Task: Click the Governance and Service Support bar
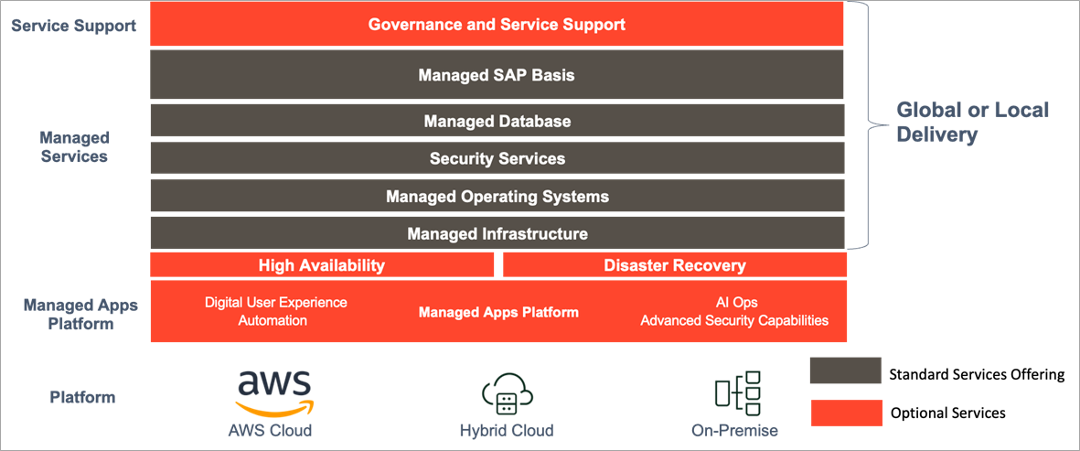tap(497, 25)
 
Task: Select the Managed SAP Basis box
tap(497, 74)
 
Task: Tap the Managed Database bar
tap(497, 121)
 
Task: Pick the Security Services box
tap(497, 158)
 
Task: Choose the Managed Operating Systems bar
tap(497, 196)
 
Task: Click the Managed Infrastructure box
tap(497, 233)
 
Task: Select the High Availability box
tap(322, 265)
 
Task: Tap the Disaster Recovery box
tap(674, 265)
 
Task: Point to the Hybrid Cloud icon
tap(507, 393)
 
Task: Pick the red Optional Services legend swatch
tap(845, 413)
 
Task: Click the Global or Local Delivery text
tap(972, 123)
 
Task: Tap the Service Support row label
tap(73, 26)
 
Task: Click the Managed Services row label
tap(73, 146)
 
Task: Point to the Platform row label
tap(82, 397)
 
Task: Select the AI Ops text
tap(735, 302)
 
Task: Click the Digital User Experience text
tap(275, 302)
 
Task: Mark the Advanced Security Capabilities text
tap(734, 320)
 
